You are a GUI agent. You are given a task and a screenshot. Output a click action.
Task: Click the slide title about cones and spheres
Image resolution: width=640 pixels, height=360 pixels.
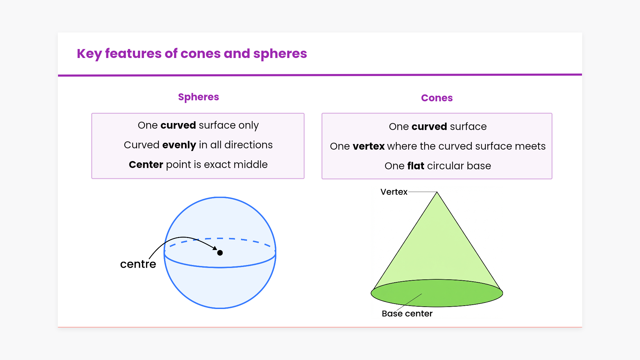click(192, 54)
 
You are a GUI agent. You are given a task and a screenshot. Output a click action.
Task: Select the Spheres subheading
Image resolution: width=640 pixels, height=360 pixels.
click(198, 97)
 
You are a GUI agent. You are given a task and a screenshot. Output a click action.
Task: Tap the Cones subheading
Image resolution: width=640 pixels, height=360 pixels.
click(437, 98)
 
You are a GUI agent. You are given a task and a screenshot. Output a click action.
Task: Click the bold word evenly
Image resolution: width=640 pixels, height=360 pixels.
click(179, 145)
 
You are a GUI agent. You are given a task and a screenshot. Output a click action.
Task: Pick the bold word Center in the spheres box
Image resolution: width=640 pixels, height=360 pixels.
click(146, 165)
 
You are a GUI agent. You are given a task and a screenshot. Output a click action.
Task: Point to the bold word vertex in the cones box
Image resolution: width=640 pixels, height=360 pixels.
click(369, 146)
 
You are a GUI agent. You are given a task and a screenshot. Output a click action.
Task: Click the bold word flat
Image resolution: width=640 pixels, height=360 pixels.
click(416, 166)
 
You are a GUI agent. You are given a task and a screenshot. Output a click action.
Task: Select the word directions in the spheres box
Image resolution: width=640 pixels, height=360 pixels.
click(248, 145)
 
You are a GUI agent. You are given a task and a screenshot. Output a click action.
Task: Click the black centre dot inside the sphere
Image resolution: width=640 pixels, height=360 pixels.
click(220, 253)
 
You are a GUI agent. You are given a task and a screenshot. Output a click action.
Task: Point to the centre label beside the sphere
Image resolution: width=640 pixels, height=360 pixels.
click(138, 264)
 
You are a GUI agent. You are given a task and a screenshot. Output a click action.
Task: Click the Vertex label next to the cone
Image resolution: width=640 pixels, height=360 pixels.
click(394, 192)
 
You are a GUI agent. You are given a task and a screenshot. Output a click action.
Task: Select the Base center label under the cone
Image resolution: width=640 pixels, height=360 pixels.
click(407, 314)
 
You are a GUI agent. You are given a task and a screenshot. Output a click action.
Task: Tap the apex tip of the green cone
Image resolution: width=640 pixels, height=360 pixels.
click(437, 193)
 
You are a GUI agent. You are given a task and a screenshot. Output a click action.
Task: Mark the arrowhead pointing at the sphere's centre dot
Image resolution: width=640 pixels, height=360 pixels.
click(215, 248)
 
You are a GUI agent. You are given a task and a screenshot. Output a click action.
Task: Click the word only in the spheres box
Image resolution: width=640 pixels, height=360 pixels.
click(248, 125)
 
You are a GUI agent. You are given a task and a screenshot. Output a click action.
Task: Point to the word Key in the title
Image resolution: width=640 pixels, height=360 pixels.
click(89, 54)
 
